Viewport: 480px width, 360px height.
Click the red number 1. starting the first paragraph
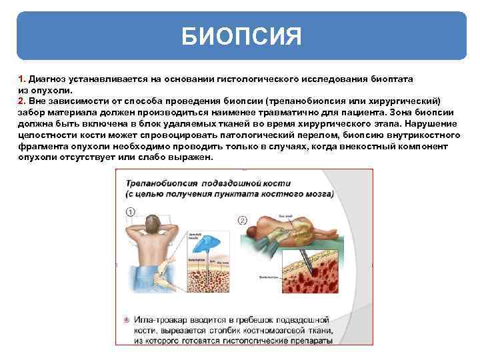click(22, 79)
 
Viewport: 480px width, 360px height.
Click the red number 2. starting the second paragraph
click(22, 100)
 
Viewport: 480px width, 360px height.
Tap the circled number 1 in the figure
click(130, 212)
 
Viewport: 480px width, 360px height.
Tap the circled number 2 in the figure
click(243, 219)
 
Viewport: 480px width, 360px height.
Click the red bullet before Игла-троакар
click(127, 319)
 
